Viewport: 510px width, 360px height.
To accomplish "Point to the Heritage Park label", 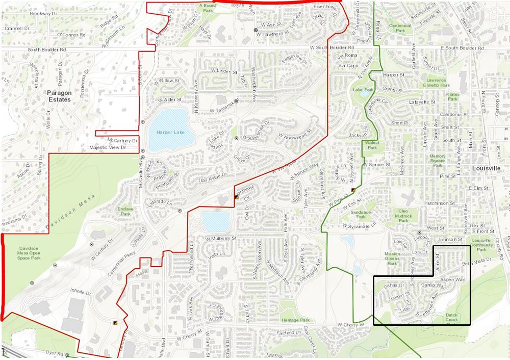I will point(295,320).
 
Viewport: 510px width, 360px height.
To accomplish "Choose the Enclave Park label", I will point(125,211).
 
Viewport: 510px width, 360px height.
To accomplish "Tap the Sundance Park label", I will point(361,214).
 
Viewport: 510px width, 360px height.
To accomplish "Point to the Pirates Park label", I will point(452,96).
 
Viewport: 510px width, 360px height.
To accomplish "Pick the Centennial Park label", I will point(400,28).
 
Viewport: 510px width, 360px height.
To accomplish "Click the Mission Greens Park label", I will point(392,259).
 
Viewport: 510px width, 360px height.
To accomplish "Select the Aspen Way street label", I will point(452,280).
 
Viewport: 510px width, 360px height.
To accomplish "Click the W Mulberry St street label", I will point(221,238).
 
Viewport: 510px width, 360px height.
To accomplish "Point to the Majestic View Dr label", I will point(107,147).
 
